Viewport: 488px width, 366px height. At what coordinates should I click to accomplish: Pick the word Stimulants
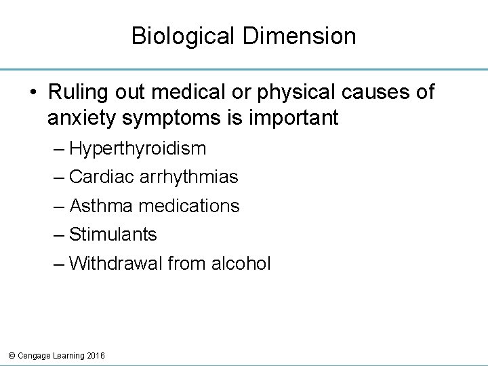click(x=113, y=235)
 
